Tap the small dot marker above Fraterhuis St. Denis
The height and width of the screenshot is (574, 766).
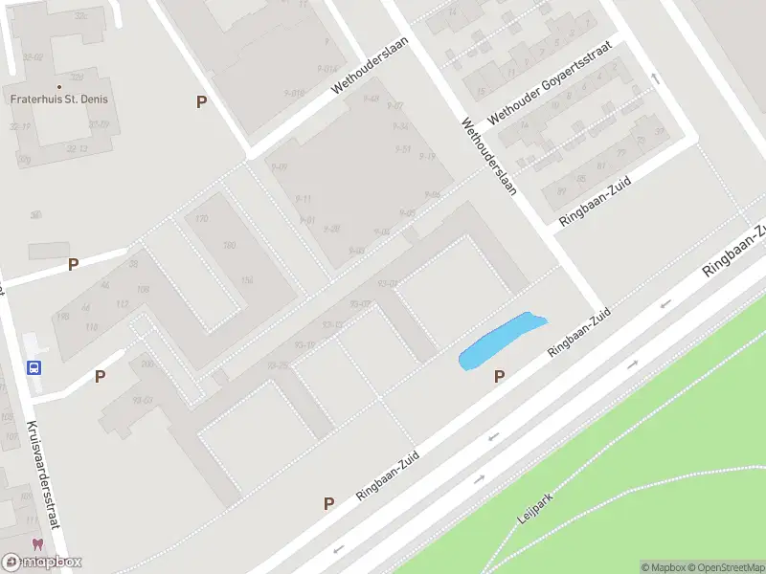tap(58, 86)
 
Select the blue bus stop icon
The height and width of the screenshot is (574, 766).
tap(34, 366)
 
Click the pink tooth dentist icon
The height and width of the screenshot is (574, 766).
tap(37, 544)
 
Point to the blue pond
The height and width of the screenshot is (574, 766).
tap(500, 342)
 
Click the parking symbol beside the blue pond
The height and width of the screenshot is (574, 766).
tap(499, 377)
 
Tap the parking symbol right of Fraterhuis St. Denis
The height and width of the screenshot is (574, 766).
tap(201, 101)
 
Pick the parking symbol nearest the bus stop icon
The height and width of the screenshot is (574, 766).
tap(100, 377)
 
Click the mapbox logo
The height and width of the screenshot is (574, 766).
tap(42, 562)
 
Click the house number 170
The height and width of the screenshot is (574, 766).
tap(201, 219)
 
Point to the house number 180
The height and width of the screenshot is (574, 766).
tap(229, 246)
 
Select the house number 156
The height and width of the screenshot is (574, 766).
tap(247, 279)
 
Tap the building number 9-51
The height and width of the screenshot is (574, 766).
tap(403, 149)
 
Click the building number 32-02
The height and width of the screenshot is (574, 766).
tap(34, 57)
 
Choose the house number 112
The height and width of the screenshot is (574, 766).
tap(122, 304)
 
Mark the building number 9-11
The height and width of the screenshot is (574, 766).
tap(303, 198)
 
